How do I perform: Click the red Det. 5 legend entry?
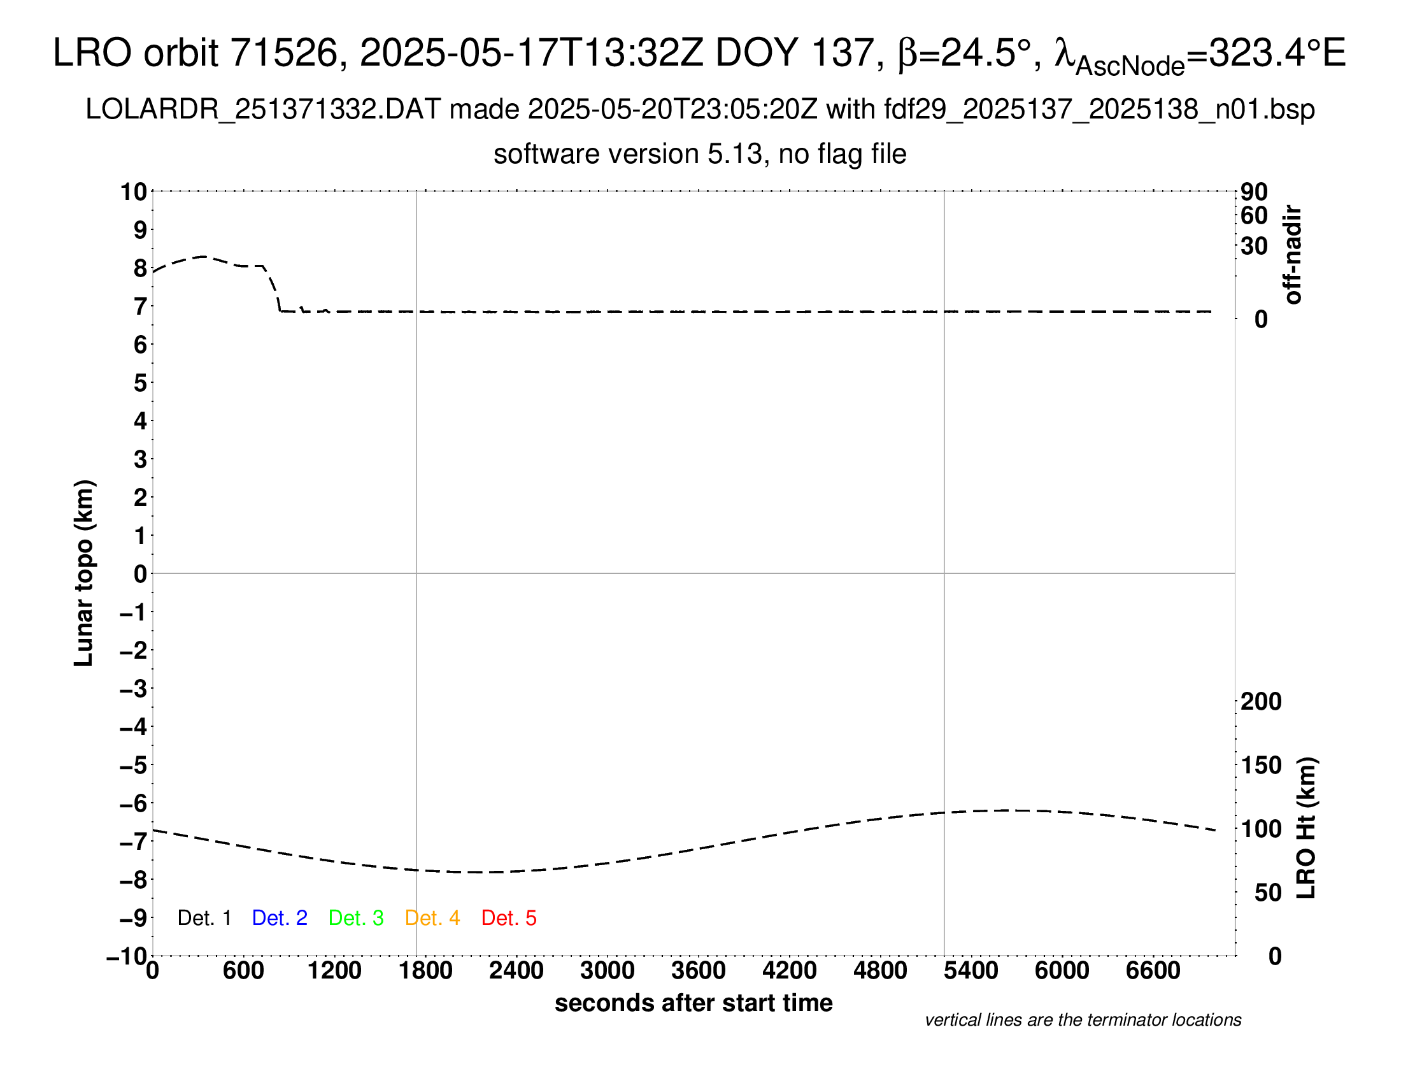(x=509, y=918)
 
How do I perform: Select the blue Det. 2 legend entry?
(x=280, y=918)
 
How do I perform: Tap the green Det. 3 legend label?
(x=356, y=918)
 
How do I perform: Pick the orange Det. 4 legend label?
(x=432, y=918)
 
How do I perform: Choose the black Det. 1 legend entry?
(x=204, y=918)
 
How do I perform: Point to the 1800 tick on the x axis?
(x=425, y=971)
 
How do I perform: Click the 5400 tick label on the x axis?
(x=971, y=971)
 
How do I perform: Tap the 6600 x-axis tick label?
(x=1153, y=971)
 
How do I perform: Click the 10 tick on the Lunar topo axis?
(x=134, y=192)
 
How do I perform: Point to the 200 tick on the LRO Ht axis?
(x=1261, y=701)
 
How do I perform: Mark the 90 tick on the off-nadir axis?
(x=1254, y=192)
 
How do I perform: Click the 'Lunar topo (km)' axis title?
(x=84, y=573)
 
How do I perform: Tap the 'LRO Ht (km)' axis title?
(x=1306, y=828)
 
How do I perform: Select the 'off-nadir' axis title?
(x=1293, y=255)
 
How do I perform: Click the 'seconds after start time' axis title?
(x=693, y=1003)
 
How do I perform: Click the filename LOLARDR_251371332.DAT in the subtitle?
(x=263, y=110)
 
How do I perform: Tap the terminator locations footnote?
(x=1083, y=1020)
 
